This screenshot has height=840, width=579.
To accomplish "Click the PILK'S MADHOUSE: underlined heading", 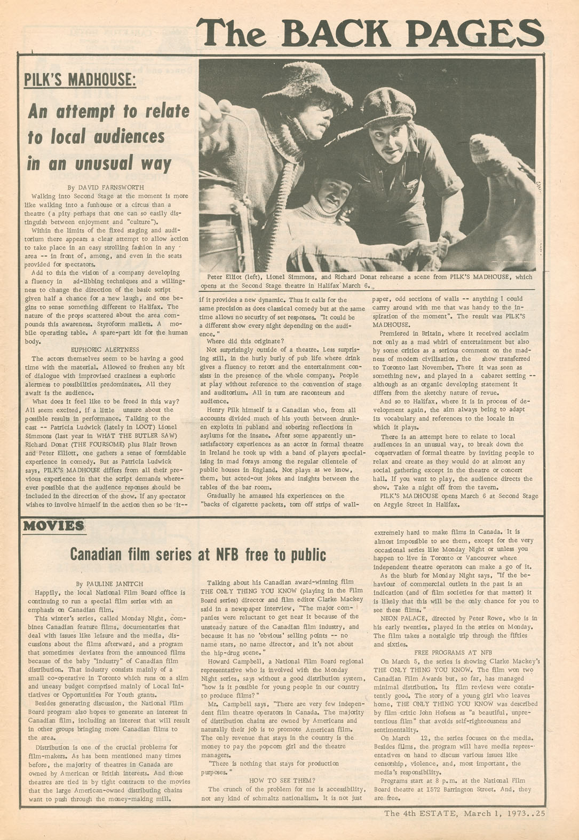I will [x=80, y=80].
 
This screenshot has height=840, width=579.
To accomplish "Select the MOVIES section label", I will [x=53, y=526].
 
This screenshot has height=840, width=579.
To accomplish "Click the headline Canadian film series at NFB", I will [x=198, y=555].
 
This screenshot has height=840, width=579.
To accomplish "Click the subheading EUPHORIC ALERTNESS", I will [x=105, y=349].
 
